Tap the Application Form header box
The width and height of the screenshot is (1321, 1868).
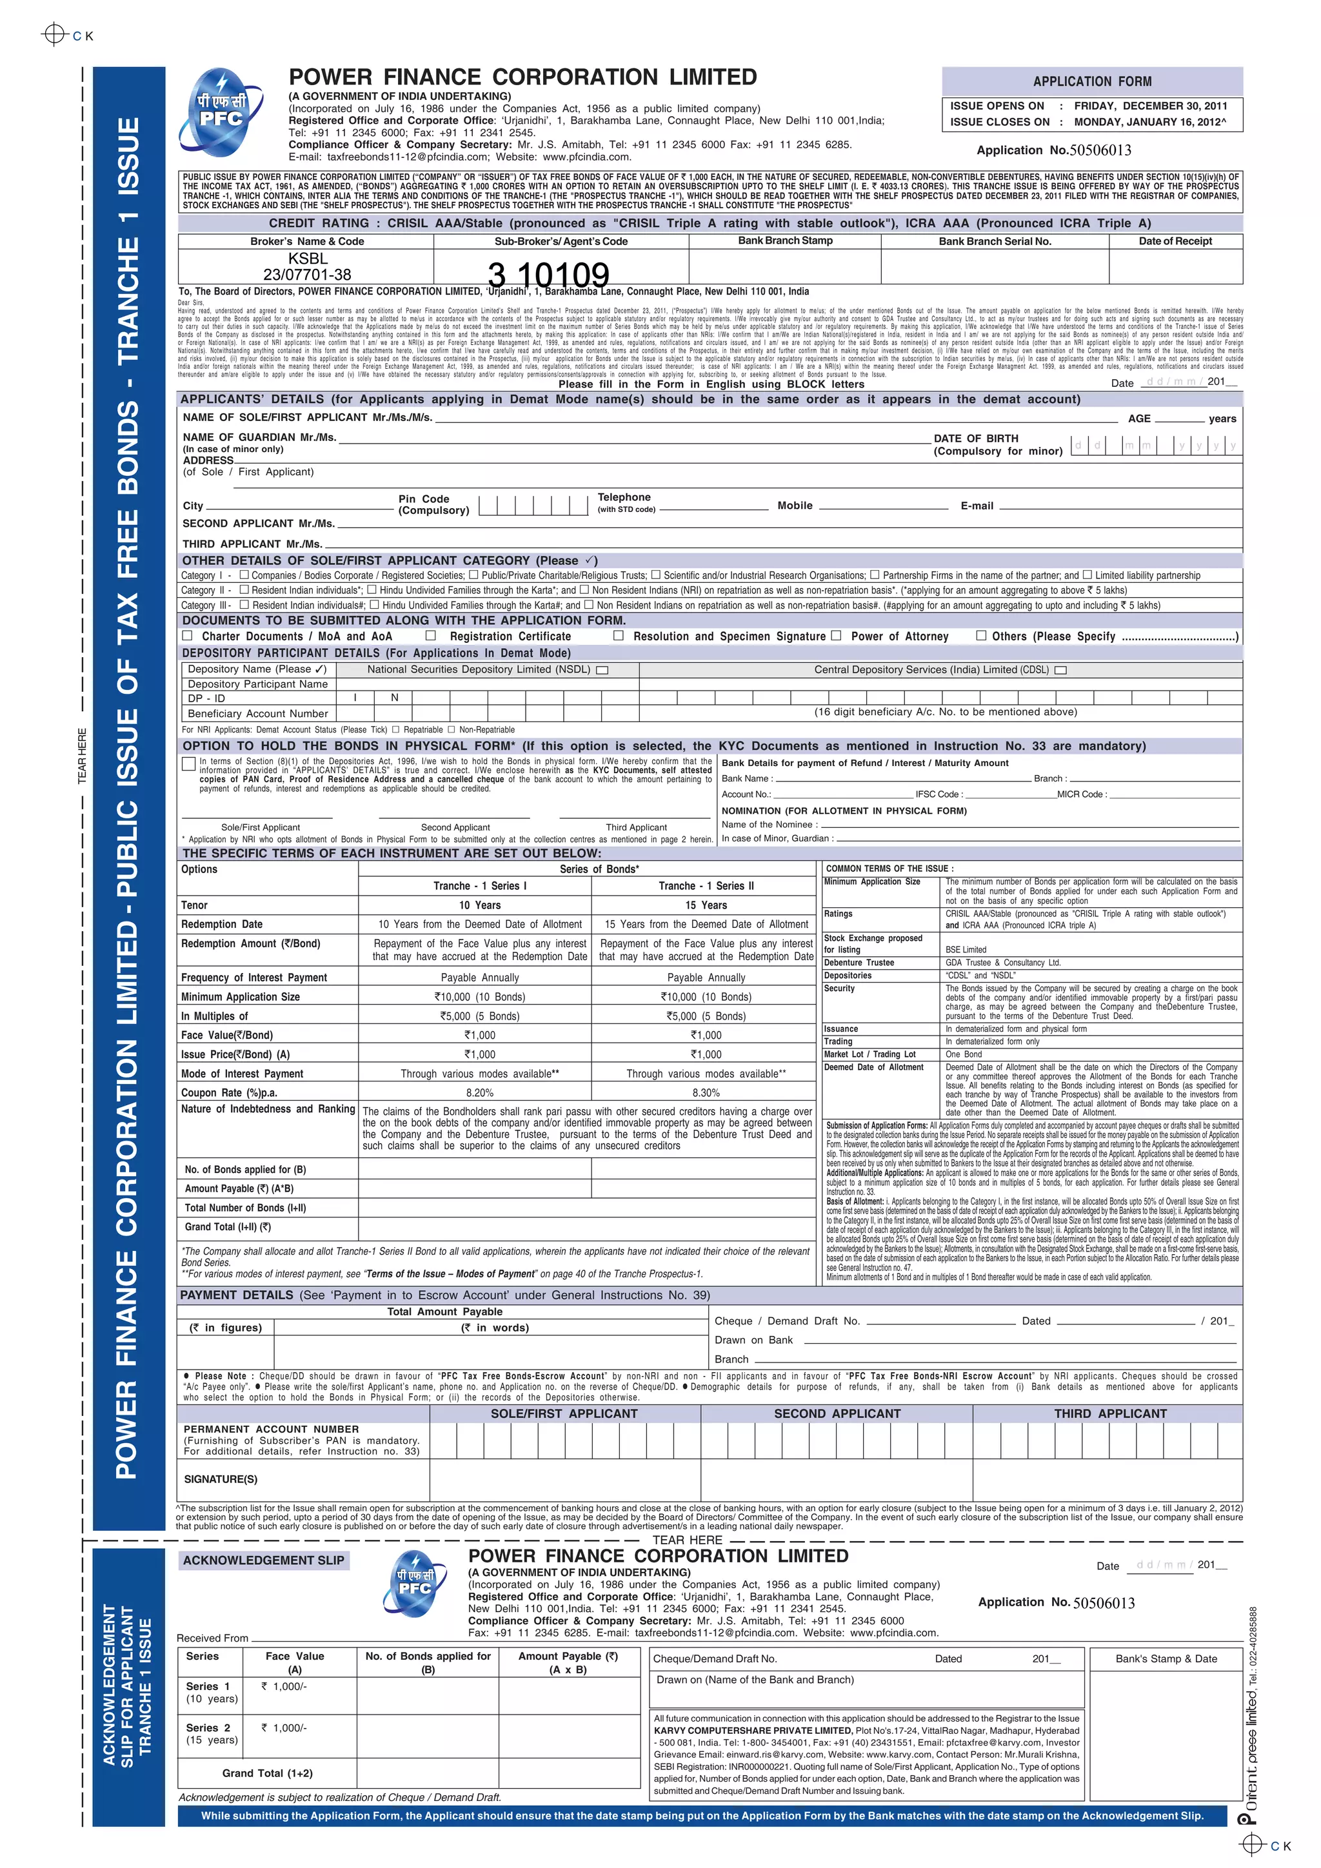1091,81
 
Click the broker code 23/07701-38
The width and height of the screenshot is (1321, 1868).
307,275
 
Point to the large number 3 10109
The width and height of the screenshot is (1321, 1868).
548,275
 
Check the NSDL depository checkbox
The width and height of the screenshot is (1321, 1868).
602,671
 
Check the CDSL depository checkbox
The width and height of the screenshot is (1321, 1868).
1060,671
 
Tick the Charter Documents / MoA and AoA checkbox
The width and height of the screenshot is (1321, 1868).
188,635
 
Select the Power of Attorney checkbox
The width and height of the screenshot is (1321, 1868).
836,635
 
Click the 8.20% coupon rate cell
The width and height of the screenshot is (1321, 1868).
479,1093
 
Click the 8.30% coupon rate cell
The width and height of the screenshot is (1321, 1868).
706,1093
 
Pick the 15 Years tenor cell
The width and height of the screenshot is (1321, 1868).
706,905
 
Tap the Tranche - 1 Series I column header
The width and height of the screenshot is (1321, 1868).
479,886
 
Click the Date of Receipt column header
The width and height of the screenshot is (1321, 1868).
1175,241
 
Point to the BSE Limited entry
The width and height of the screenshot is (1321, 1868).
966,949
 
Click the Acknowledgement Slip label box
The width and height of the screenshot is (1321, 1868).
263,1560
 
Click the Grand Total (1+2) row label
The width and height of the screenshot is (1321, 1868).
267,1773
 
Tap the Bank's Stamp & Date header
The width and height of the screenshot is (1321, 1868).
1166,1658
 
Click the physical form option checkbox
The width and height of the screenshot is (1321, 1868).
189,763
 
